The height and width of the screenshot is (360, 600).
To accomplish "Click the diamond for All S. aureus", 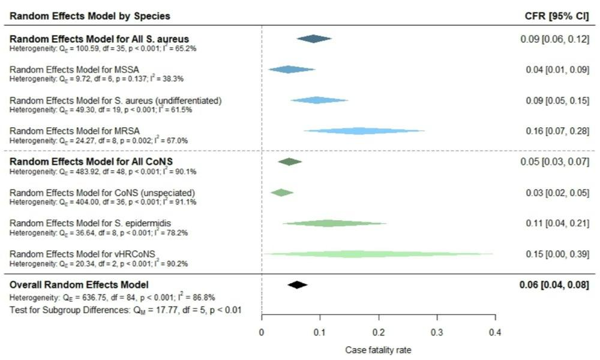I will [314, 39].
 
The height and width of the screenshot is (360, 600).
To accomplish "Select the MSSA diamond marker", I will [291, 70].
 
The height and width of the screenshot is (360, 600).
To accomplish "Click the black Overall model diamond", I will [297, 285].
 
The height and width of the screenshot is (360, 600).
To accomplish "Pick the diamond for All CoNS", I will [290, 162].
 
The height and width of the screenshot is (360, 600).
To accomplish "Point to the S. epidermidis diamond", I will [325, 224].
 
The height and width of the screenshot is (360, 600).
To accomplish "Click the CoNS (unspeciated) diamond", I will [281, 193].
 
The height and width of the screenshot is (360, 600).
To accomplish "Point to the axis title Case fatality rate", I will [378, 349].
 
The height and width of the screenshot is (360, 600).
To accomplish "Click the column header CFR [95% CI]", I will [556, 16].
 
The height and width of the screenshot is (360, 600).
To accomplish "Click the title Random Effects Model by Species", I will [90, 16].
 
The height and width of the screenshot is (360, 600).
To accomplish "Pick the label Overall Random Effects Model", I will [79, 284].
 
